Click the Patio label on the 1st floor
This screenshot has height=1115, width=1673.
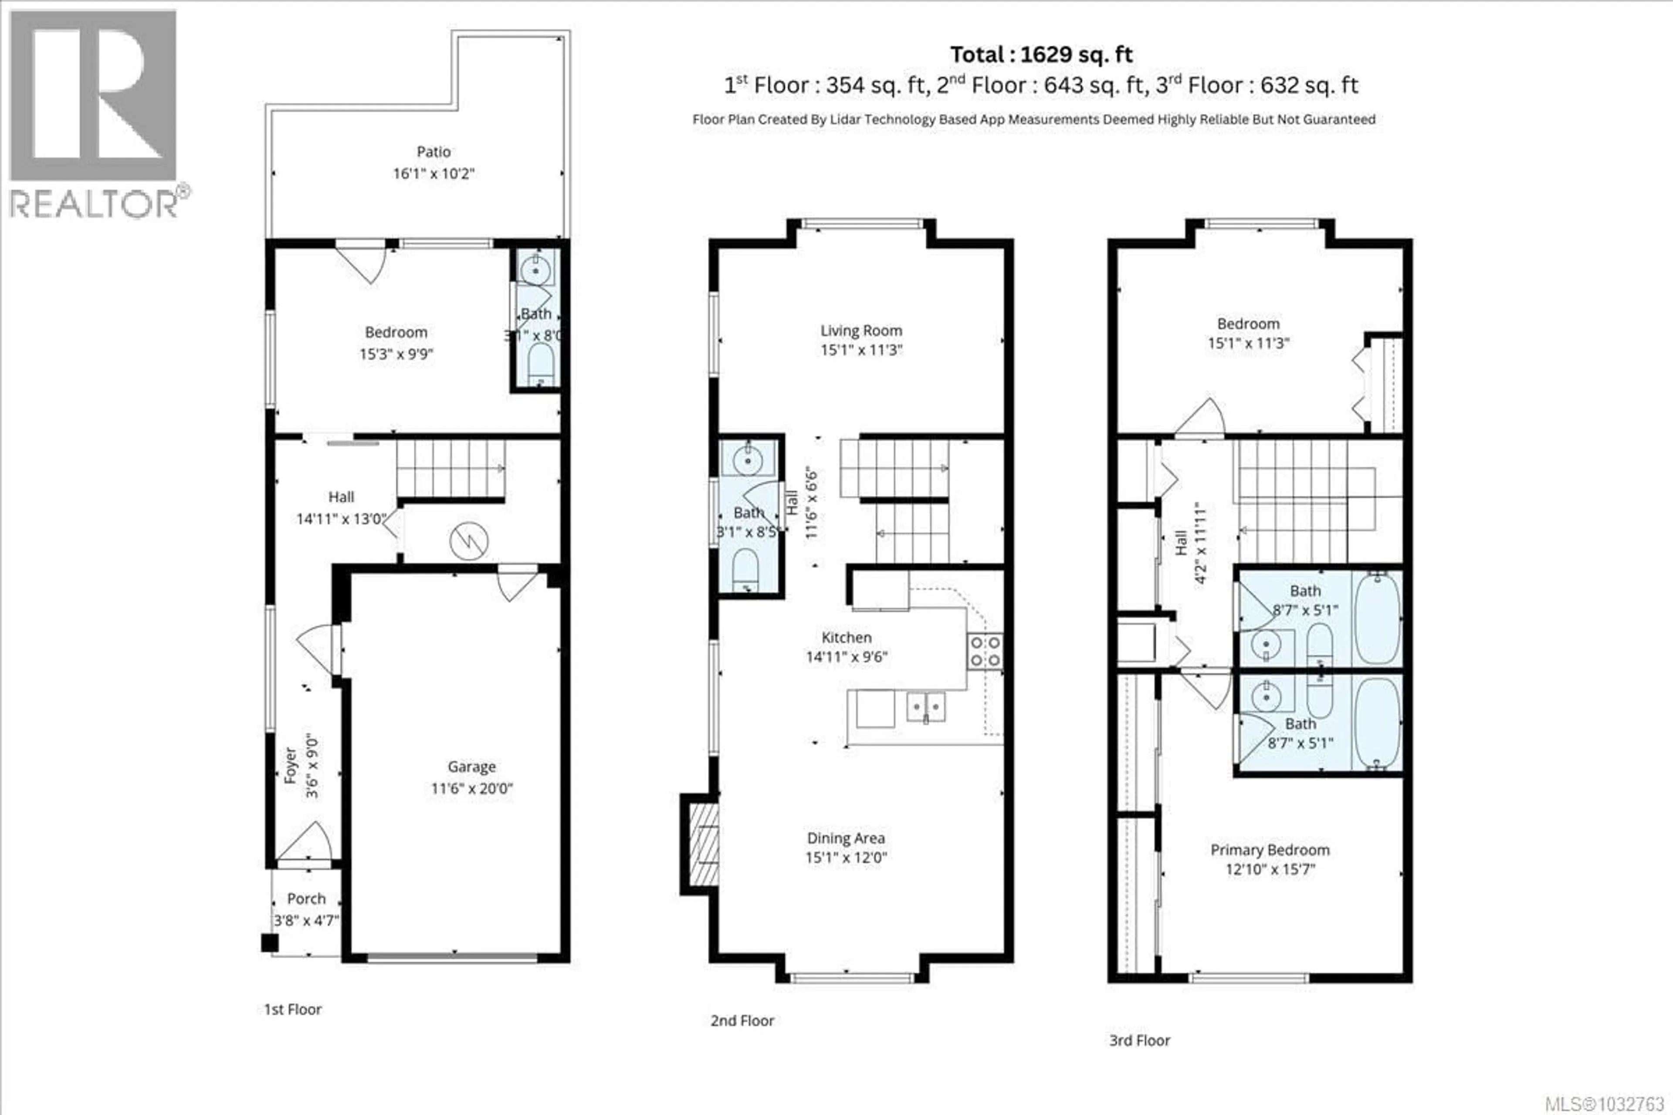pyautogui.click(x=433, y=152)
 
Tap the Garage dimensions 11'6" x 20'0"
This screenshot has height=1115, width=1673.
pyautogui.click(x=471, y=788)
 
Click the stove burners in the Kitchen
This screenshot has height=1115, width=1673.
pyautogui.click(x=985, y=652)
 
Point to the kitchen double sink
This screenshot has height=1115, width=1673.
pyautogui.click(x=925, y=707)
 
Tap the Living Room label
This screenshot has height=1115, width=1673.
pyautogui.click(x=861, y=331)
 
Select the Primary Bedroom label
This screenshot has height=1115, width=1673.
pyautogui.click(x=1270, y=850)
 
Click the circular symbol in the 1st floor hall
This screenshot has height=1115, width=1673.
pyautogui.click(x=469, y=541)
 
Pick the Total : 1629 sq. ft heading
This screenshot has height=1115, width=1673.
pyautogui.click(x=1041, y=55)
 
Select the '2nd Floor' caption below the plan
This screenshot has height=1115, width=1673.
pyautogui.click(x=742, y=1020)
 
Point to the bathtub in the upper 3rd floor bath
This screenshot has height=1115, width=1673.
pyautogui.click(x=1377, y=618)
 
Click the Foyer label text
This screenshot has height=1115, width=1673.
pyautogui.click(x=290, y=765)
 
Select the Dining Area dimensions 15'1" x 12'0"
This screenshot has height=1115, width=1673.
pyautogui.click(x=846, y=858)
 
